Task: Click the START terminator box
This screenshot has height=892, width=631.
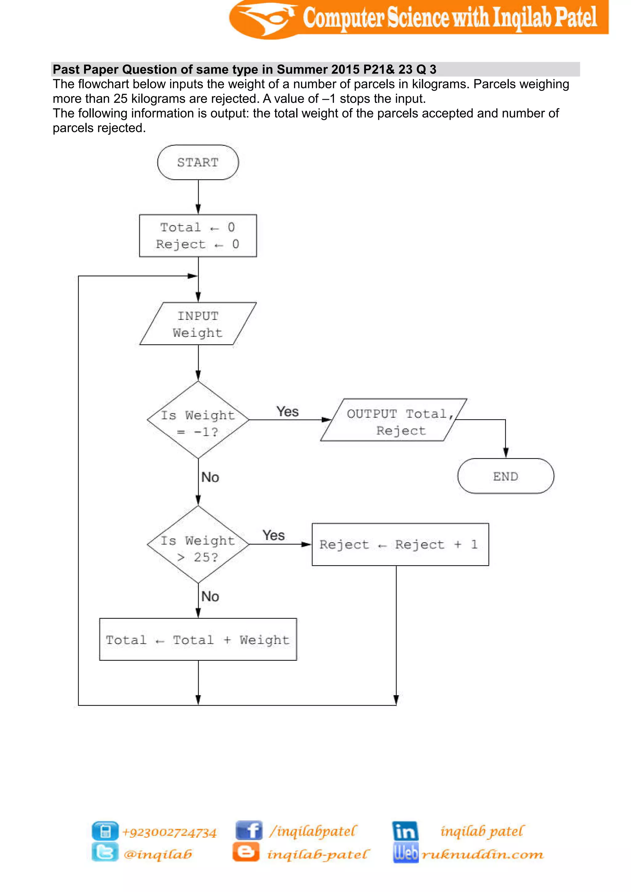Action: [198, 162]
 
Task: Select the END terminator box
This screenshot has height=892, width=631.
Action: [506, 476]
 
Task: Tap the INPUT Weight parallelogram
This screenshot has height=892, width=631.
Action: [198, 324]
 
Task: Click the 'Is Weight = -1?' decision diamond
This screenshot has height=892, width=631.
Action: [198, 420]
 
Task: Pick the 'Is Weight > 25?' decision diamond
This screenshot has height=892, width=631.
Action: [198, 545]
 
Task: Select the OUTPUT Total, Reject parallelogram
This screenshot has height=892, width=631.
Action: [393, 420]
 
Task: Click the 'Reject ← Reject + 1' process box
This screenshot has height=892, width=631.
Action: [400, 544]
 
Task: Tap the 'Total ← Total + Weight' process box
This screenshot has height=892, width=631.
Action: [198, 639]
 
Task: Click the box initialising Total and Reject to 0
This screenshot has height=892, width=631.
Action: [198, 235]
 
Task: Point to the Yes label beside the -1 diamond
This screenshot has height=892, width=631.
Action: [287, 412]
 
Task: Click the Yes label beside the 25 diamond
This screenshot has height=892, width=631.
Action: [274, 535]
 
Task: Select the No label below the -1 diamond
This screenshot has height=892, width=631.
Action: [210, 477]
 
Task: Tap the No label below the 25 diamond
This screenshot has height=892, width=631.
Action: [210, 597]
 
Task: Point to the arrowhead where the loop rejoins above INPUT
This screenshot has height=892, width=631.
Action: [193, 276]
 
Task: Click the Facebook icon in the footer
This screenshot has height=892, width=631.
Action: [249, 831]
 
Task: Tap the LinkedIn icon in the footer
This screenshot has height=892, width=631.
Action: [405, 831]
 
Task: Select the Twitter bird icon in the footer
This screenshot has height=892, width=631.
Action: [105, 852]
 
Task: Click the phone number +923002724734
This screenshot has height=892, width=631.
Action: [169, 833]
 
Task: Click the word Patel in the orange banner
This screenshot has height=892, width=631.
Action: [576, 18]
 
